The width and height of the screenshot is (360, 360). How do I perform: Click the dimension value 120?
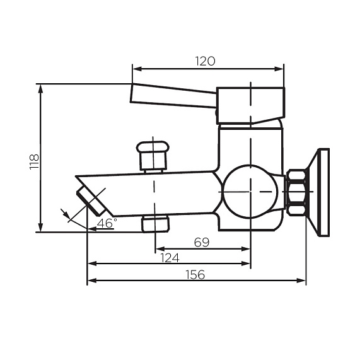pos(206,61)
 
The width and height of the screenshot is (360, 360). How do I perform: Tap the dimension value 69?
pos(201,241)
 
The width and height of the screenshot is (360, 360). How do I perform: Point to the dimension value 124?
pos(169,257)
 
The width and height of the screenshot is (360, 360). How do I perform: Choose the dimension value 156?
pos(196,274)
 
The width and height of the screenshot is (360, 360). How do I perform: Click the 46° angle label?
pos(107,223)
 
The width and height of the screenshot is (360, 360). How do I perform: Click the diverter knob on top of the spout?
pos(153,154)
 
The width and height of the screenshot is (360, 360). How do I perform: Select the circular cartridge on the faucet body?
pos(250,192)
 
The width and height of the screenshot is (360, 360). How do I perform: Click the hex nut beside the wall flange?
pos(296,192)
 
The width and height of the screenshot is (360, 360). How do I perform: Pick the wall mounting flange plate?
pos(323,192)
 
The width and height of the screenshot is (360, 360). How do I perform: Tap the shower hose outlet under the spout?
pos(155,223)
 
